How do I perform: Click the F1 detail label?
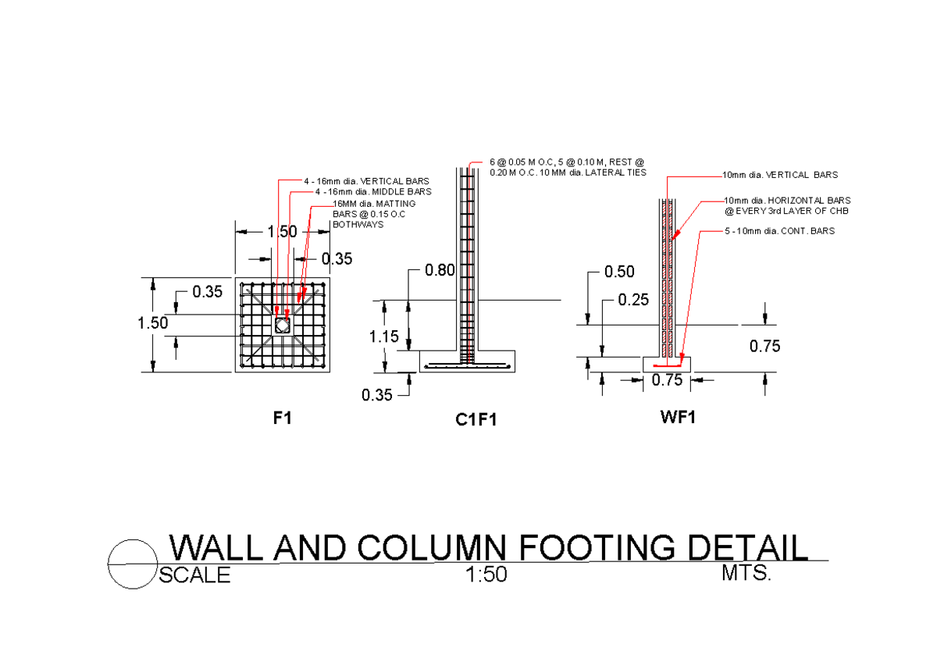282,418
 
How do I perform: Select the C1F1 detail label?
476,420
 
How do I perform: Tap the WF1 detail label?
678,417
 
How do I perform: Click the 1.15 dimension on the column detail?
384,336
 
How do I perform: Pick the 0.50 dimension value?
620,272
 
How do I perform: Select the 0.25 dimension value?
633,299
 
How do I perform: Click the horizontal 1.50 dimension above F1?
282,232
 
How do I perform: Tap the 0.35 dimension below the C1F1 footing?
377,395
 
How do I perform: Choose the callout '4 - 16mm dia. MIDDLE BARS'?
372,191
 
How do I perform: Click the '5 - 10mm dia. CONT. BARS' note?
778,231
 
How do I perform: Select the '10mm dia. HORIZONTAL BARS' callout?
786,201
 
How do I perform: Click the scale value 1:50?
486,576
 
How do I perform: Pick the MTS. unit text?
746,574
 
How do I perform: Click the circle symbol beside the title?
130,564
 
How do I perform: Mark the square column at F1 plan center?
283,324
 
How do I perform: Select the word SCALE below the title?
195,576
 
